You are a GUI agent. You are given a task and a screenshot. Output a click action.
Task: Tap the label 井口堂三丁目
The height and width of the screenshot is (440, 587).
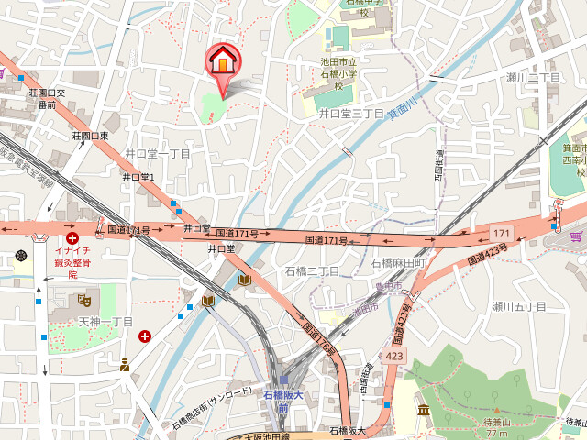pyautogui.click(x=350, y=113)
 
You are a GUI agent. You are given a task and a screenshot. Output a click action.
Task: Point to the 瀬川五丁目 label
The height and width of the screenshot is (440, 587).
pyautogui.click(x=518, y=306)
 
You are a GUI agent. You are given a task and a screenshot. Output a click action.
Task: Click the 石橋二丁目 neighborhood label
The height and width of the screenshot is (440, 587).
pyautogui.click(x=312, y=271)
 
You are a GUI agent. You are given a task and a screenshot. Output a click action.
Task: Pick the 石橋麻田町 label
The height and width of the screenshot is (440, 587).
pyautogui.click(x=399, y=263)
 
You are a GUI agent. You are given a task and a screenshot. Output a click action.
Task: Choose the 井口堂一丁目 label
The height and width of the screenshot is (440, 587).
pyautogui.click(x=157, y=154)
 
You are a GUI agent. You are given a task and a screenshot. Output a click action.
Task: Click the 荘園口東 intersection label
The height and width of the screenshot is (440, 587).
pyautogui.click(x=91, y=136)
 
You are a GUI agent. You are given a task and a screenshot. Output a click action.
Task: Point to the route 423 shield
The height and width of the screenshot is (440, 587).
pyautogui.click(x=394, y=356)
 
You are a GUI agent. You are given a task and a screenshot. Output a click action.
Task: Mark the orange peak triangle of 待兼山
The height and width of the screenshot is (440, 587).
pyautogui.click(x=496, y=411)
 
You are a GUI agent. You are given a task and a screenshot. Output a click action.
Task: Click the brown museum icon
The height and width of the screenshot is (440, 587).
pyautogui.click(x=423, y=409)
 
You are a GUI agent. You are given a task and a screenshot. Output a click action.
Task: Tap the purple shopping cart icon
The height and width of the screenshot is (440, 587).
pyautogui.click(x=575, y=236)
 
